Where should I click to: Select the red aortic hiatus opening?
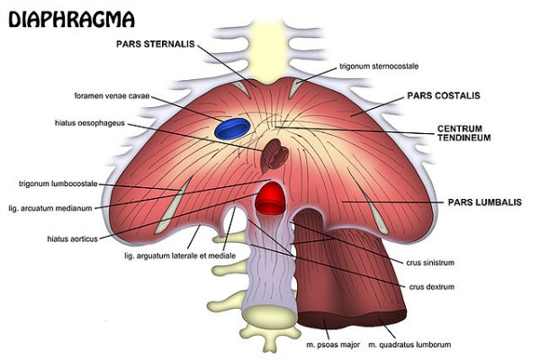coord(269,198)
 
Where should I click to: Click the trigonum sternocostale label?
coord(379,66)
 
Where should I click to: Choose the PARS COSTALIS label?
coord(443,94)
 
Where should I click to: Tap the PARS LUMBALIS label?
coord(485,204)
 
